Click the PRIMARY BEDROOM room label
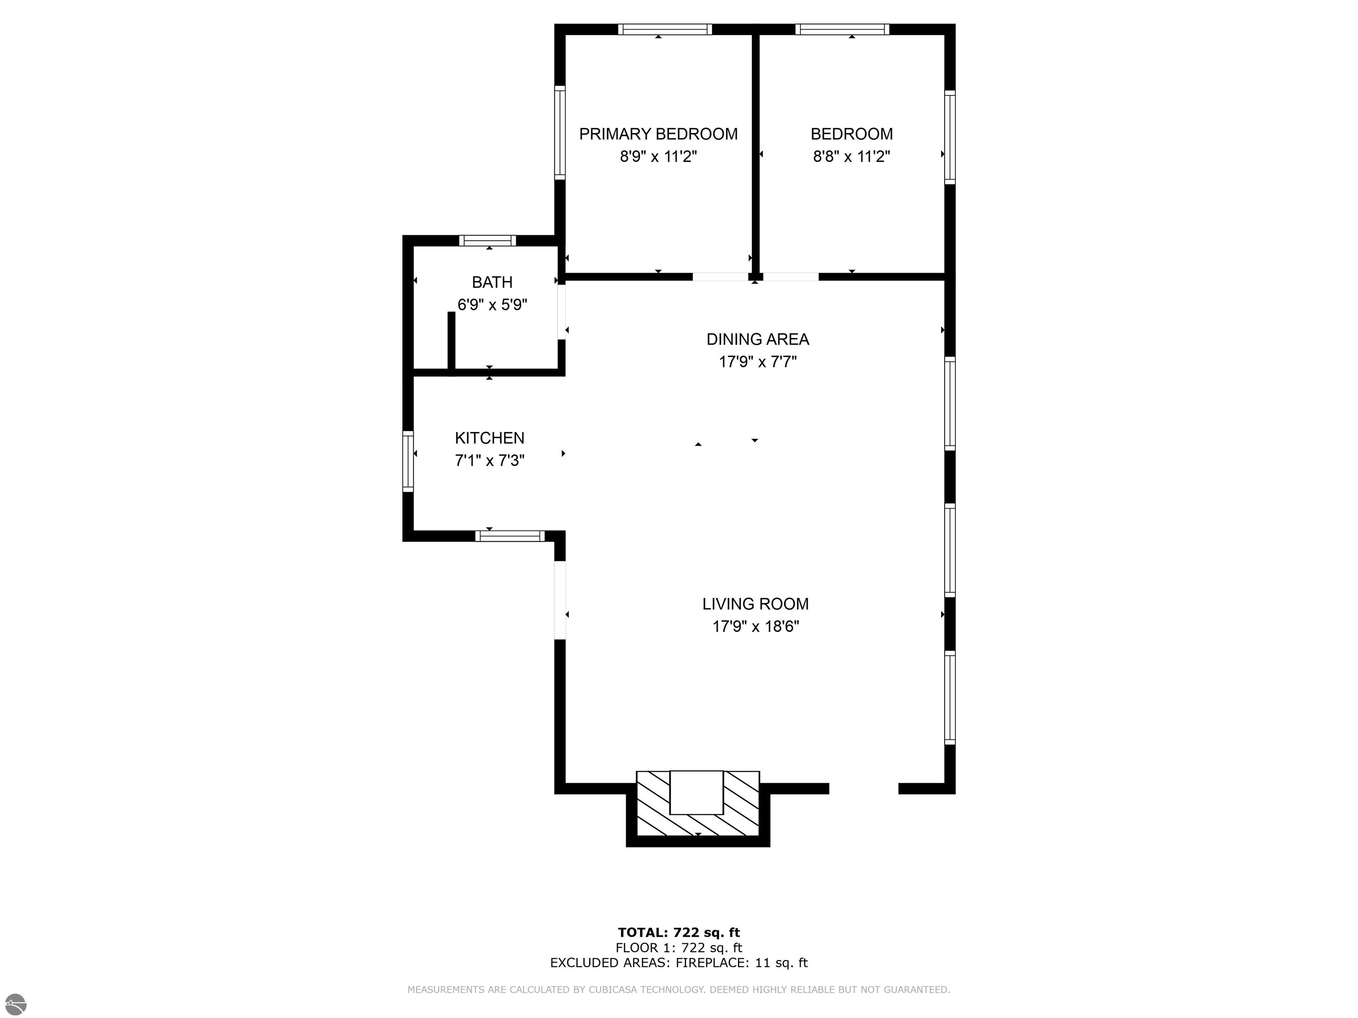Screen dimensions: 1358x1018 click(x=658, y=134)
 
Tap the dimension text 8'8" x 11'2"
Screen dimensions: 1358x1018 click(x=851, y=156)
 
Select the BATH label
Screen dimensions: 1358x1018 click(x=492, y=282)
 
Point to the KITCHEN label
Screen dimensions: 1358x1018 click(x=489, y=438)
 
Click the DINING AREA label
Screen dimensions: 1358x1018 click(x=758, y=339)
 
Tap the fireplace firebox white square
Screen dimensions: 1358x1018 click(x=696, y=792)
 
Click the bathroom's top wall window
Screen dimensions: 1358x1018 click(x=488, y=240)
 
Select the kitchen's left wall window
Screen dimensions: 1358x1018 click(x=408, y=461)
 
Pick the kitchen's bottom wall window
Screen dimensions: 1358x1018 click(x=510, y=536)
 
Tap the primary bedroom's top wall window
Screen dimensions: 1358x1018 click(x=665, y=29)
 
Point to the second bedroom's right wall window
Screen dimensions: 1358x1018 click(x=950, y=137)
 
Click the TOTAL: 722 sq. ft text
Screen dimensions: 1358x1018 click(x=679, y=933)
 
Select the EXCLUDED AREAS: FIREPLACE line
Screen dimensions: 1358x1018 click(x=679, y=963)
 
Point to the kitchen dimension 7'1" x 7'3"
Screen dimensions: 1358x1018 click(x=489, y=461)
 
